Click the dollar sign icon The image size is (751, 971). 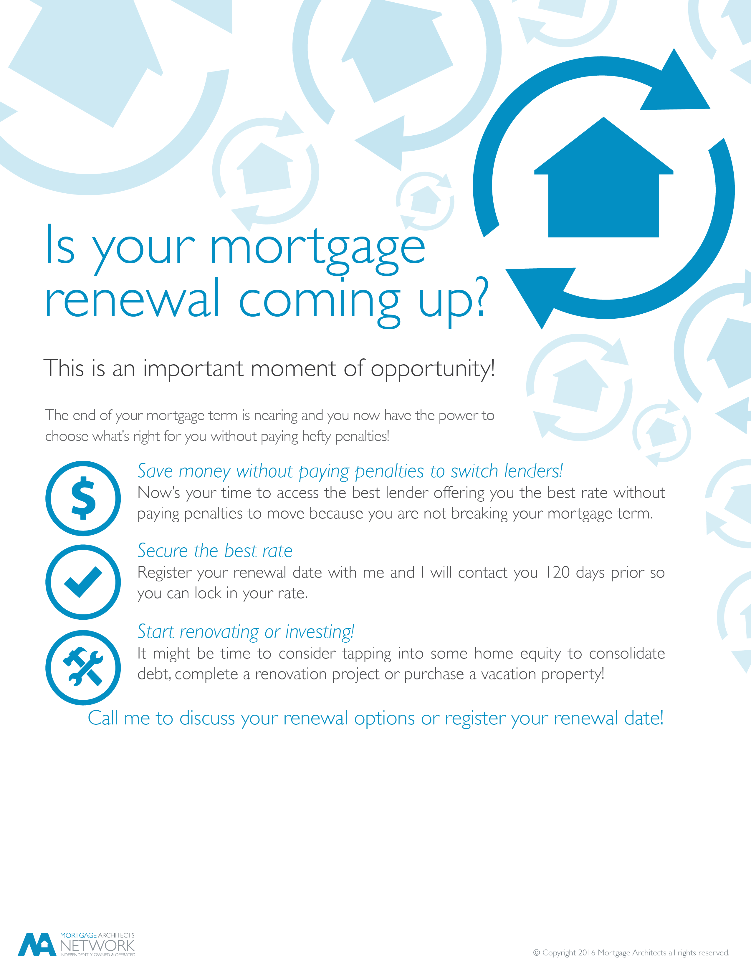click(83, 498)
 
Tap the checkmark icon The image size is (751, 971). click(83, 582)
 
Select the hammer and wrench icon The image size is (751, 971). click(83, 667)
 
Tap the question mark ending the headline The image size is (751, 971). click(479, 296)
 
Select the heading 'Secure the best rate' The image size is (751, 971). click(215, 551)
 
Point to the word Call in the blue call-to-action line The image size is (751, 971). click(103, 718)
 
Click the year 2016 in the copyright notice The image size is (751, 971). click(586, 952)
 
